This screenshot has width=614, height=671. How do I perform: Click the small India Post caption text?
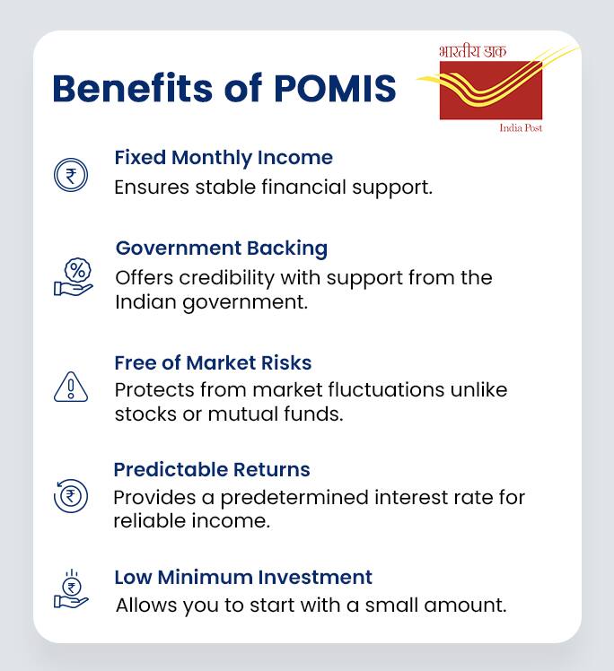click(521, 128)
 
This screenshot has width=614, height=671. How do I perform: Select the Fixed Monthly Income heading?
click(224, 158)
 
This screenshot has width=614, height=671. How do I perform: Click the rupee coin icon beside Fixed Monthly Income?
click(71, 175)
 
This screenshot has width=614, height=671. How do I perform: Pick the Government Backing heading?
click(222, 248)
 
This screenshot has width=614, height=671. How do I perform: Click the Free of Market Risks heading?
click(213, 363)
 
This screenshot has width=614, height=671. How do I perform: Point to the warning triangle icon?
click(71, 388)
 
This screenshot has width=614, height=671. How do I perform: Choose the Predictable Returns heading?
click(212, 470)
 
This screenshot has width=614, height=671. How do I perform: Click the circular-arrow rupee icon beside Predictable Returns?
click(71, 495)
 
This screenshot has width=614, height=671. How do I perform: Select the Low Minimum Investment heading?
click(243, 577)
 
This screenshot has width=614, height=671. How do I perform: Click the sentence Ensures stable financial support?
click(274, 188)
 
